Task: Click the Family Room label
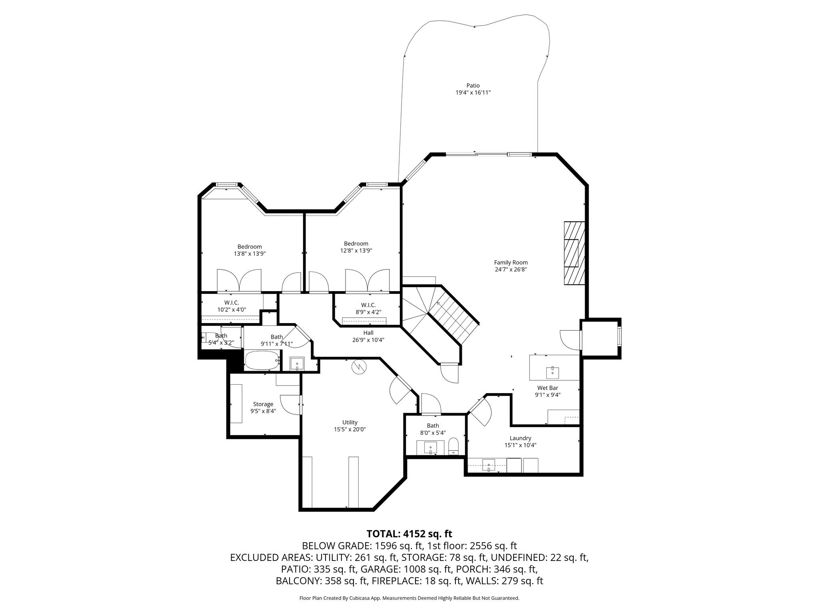pos(511,263)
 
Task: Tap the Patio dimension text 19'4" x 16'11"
pos(473,92)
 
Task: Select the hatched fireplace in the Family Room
pos(574,253)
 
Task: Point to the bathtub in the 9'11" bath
pos(262,360)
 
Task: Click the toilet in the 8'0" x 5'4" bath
pos(453,446)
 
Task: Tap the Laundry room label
pos(520,438)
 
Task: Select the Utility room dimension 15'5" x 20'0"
pos(350,429)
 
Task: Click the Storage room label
pos(263,404)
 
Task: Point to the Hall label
pos(368,333)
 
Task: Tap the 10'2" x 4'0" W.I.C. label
pos(232,303)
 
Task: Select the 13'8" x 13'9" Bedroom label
pos(250,247)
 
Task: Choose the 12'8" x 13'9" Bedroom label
pos(356,243)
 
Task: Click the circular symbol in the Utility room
pos(359,367)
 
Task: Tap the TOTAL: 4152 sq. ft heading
pos(409,534)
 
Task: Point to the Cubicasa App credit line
pos(409,598)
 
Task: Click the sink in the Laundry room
pos(489,466)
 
